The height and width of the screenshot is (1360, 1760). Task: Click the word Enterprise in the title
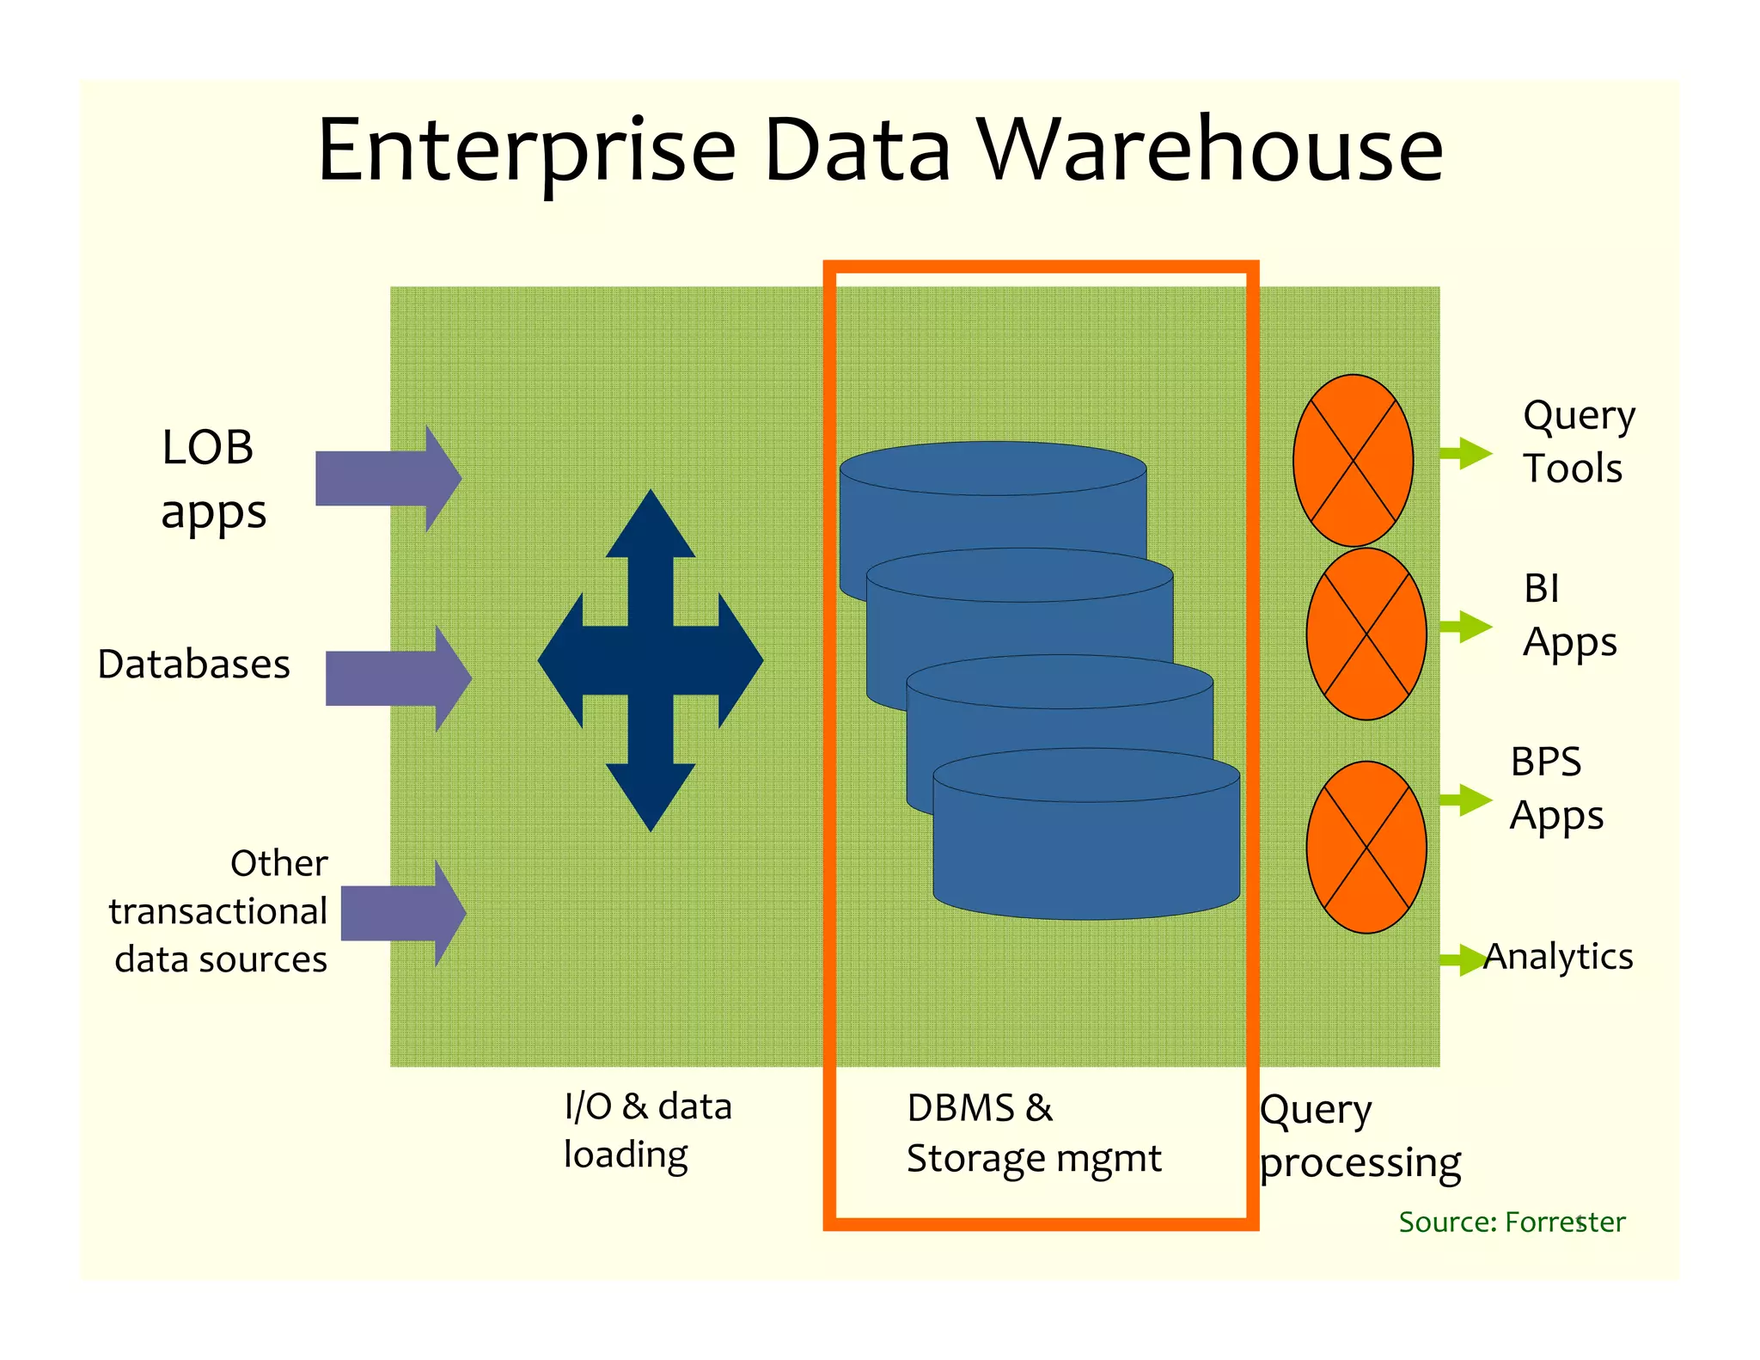526,152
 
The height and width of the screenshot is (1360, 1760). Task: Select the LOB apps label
212,480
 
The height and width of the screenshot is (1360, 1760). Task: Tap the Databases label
193,665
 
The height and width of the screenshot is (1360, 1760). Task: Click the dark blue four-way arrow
651,660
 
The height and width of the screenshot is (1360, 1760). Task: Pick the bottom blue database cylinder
1086,851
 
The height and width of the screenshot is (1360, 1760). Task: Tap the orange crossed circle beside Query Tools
1353,460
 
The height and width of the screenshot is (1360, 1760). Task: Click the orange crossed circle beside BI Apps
1366,634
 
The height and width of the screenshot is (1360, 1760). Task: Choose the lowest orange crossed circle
1366,847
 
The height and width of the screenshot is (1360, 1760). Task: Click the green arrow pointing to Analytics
1463,959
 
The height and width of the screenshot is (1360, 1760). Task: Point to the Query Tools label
1577,442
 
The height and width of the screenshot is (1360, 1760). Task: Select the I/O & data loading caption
646,1130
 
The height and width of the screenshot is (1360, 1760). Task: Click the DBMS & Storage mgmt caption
1033,1133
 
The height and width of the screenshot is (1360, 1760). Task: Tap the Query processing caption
1359,1136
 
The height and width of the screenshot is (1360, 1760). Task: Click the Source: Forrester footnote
1511,1222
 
